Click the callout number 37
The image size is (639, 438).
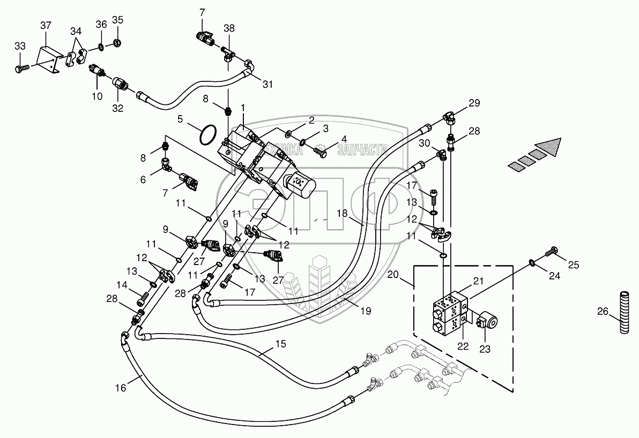click(46, 26)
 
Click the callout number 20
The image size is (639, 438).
click(393, 275)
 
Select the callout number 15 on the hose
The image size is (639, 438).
click(281, 344)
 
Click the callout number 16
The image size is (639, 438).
click(120, 388)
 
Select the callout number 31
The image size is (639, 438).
click(268, 85)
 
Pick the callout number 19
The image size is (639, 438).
click(366, 311)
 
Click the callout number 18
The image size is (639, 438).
click(343, 213)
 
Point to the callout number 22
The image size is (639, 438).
click(463, 346)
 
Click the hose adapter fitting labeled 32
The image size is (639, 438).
click(120, 85)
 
